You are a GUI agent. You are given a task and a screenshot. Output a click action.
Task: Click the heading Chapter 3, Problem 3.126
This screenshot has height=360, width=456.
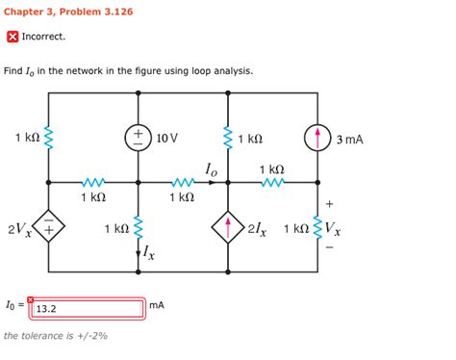[68, 12]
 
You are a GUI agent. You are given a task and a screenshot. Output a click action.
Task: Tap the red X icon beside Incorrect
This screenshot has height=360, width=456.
[12, 37]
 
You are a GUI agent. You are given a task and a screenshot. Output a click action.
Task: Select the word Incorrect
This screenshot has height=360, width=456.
[43, 37]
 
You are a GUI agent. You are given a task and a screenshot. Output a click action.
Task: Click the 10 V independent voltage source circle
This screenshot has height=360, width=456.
[138, 138]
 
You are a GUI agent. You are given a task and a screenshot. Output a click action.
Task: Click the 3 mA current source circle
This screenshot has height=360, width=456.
[317, 139]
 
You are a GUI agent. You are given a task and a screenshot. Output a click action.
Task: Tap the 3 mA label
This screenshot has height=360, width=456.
[349, 140]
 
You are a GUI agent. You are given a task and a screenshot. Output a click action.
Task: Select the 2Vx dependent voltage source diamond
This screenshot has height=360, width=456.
[48, 228]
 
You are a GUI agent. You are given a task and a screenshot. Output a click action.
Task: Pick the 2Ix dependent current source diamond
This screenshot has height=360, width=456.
[227, 228]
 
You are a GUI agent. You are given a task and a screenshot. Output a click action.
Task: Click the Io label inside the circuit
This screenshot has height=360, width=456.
[213, 169]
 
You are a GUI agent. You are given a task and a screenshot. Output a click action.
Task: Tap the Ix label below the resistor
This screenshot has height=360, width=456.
[149, 255]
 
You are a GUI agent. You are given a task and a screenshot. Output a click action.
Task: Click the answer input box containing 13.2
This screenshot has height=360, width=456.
[87, 308]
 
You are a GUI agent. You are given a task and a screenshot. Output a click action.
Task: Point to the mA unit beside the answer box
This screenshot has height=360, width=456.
[156, 305]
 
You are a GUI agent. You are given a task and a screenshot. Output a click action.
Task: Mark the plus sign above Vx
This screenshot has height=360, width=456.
[331, 204]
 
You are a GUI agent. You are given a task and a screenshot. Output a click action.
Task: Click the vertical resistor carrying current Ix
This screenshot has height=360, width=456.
[138, 227]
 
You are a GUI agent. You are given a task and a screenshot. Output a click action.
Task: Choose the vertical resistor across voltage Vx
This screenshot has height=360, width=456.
[317, 228]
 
